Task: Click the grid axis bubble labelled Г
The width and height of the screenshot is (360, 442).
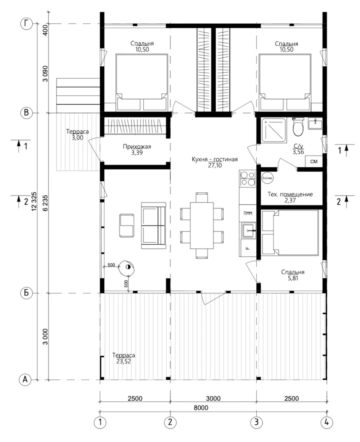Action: click(x=26, y=24)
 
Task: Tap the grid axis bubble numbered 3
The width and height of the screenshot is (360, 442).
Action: click(x=256, y=422)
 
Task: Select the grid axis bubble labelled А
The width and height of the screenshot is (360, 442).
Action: click(x=25, y=379)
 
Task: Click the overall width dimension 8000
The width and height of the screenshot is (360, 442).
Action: click(x=201, y=408)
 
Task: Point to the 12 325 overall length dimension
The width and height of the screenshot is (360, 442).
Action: click(x=34, y=201)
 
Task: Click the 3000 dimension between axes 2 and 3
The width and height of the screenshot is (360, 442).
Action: click(x=213, y=398)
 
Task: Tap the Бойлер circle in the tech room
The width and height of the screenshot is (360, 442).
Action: click(x=267, y=178)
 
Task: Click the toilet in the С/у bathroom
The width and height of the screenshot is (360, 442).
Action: click(x=298, y=127)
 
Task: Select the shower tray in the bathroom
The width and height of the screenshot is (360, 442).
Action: click(x=274, y=130)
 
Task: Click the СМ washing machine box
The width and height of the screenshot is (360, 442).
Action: click(x=314, y=162)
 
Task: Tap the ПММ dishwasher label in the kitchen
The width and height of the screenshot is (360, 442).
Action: click(x=248, y=213)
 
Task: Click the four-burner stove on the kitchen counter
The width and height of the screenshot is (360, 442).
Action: click(x=247, y=178)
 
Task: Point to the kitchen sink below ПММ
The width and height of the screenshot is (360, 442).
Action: click(x=248, y=230)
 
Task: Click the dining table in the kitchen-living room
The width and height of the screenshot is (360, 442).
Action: click(x=202, y=225)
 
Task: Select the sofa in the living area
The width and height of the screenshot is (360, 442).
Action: click(x=154, y=226)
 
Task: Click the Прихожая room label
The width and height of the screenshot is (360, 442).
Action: click(x=137, y=147)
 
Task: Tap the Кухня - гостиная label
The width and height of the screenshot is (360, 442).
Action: click(x=215, y=159)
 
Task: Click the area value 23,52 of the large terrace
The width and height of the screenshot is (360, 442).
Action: click(x=124, y=361)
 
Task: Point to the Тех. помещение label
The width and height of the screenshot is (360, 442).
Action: click(x=290, y=194)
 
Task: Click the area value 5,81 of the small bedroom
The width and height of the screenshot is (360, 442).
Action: click(x=293, y=278)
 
